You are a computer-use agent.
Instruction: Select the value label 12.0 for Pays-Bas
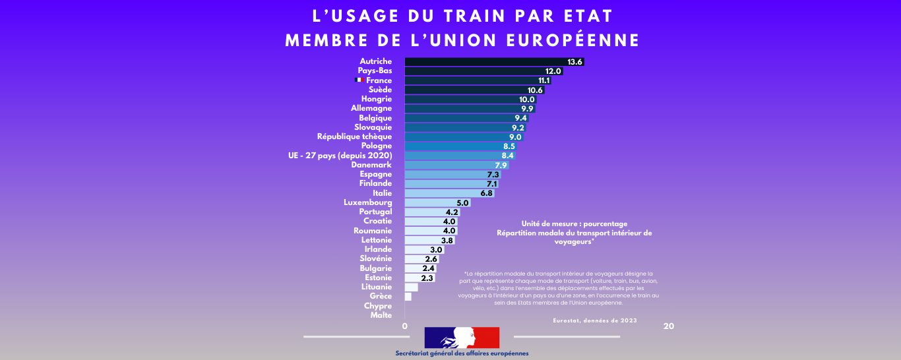pos(553,71)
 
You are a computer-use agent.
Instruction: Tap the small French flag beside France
pos(359,80)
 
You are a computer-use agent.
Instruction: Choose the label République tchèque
pos(354,136)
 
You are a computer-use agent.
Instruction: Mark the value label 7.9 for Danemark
pos(501,165)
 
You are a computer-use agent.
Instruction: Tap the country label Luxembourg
pos(367,202)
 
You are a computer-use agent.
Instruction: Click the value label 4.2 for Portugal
pos(452,212)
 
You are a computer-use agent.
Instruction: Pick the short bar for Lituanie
pos(411,287)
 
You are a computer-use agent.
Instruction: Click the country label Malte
pos(381,315)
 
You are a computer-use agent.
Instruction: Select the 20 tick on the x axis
pos(668,326)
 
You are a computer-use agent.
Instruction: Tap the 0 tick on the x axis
pos(404,326)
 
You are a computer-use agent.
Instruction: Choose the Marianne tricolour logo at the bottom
pos(462,337)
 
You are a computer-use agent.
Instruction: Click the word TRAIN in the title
pos(457,15)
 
